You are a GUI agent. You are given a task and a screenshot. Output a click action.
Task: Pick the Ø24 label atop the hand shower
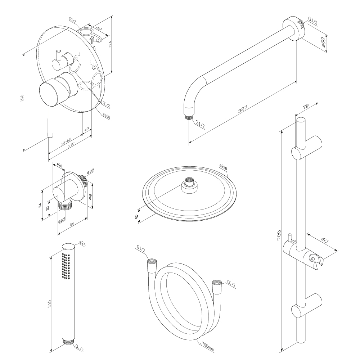click(x=82, y=244)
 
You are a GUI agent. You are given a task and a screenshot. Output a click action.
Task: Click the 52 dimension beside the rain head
click(x=137, y=215)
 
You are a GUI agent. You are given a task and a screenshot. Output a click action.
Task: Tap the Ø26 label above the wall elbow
click(x=60, y=166)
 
